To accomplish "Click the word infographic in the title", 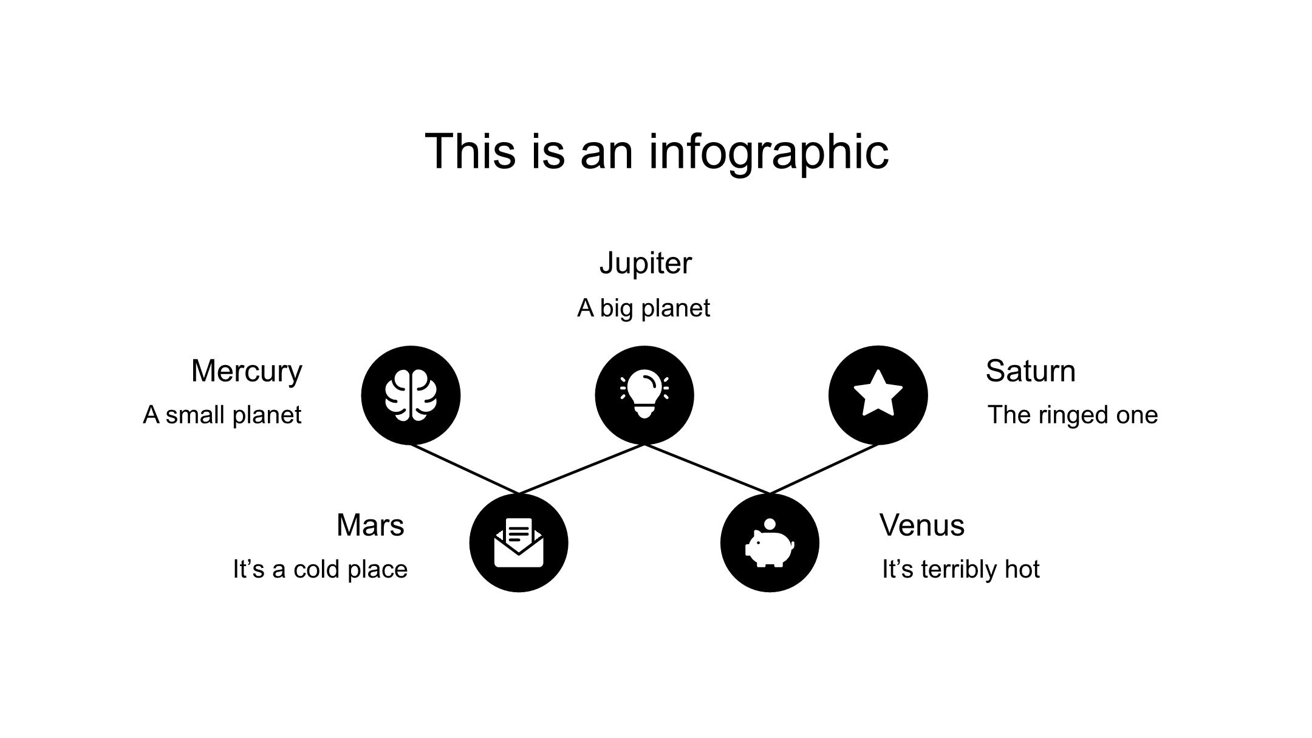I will click(x=768, y=152).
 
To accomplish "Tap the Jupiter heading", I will click(x=645, y=264).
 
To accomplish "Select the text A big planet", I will click(x=643, y=308).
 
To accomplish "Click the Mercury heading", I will click(x=247, y=371).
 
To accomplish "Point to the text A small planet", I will click(x=222, y=415).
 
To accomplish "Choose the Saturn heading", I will click(x=1030, y=371).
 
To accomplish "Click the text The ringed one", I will click(x=1073, y=415).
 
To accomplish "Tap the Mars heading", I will click(x=370, y=525).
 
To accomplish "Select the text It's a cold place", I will click(x=320, y=570).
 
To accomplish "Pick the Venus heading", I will click(x=921, y=525).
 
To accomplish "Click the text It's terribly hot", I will click(x=960, y=570).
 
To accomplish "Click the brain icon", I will click(x=411, y=395).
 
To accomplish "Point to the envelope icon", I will click(x=519, y=543).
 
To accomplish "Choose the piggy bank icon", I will click(x=770, y=543).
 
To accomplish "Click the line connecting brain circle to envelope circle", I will click(x=465, y=469).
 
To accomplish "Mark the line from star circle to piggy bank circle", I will click(x=824, y=469).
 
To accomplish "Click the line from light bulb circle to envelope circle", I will click(x=582, y=469).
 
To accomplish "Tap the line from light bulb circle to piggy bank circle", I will click(x=707, y=469).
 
